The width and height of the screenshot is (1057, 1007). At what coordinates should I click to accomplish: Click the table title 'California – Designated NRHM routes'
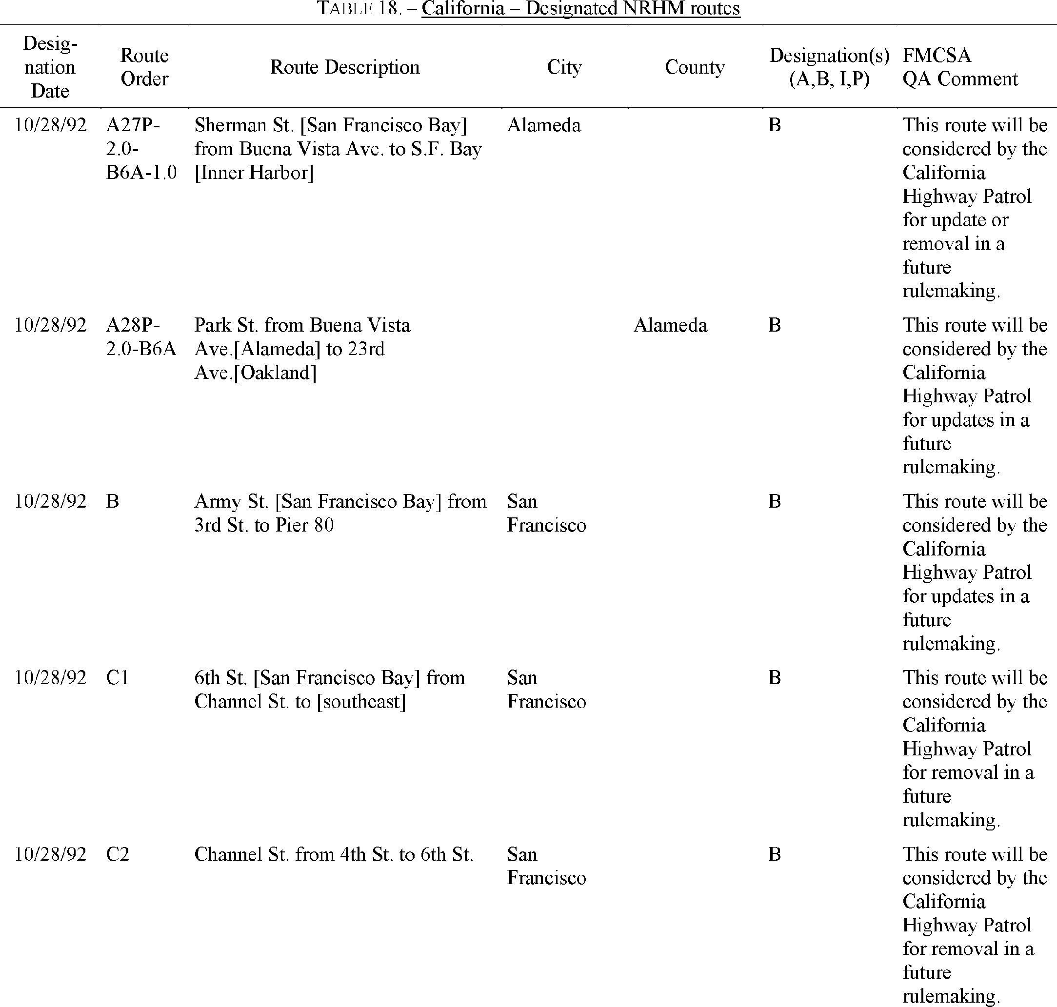[581, 9]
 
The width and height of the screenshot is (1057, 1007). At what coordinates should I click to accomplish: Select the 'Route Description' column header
[345, 67]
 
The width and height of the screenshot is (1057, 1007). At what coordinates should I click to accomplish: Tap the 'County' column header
[695, 67]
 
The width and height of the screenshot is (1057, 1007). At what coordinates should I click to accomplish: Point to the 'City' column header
[564, 67]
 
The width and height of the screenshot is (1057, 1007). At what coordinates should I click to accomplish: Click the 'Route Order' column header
[144, 67]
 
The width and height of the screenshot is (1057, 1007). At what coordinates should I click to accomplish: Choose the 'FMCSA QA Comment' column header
[960, 67]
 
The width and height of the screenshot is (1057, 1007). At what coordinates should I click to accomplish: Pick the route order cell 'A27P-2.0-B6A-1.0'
[141, 149]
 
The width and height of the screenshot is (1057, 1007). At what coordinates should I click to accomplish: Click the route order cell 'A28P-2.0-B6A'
[140, 337]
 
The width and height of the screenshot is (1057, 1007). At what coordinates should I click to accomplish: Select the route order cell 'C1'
[118, 678]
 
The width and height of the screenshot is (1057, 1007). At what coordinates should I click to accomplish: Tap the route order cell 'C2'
[118, 854]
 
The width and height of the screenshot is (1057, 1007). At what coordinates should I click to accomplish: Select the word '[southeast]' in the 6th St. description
[361, 702]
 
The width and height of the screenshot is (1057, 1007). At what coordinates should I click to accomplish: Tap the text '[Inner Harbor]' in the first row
[254, 173]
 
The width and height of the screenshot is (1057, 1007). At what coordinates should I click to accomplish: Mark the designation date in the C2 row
[50, 854]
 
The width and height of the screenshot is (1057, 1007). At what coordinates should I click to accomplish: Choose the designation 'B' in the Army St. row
[774, 501]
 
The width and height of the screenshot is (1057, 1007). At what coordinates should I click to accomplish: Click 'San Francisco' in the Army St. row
[546, 513]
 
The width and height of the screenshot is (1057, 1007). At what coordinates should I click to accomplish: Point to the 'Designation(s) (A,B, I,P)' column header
[829, 67]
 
